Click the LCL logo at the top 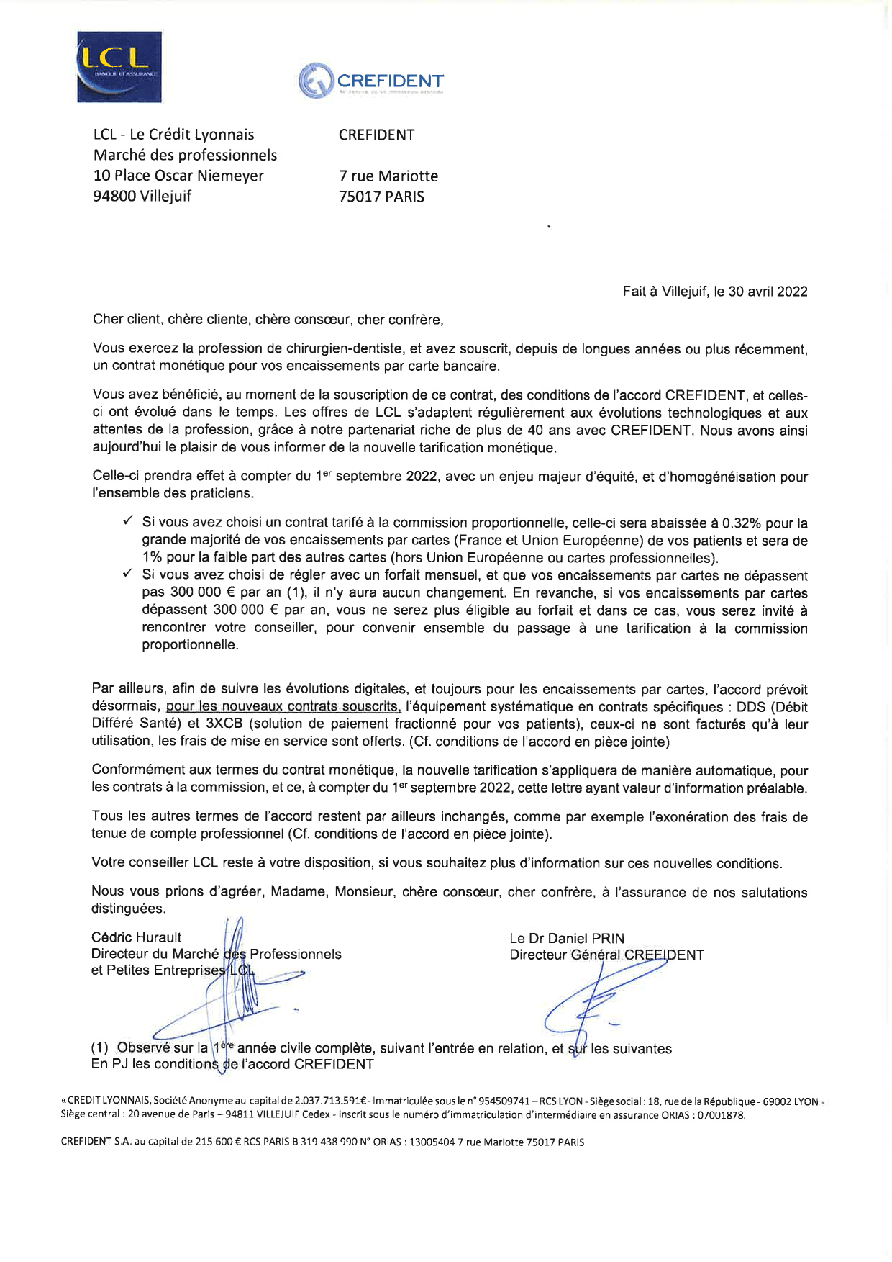click(x=119, y=67)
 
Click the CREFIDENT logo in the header click(x=371, y=81)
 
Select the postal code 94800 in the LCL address click(x=114, y=196)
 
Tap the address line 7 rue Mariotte click(x=388, y=176)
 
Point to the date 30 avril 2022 click(x=768, y=292)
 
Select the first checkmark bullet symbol click(x=127, y=521)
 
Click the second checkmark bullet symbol click(x=127, y=574)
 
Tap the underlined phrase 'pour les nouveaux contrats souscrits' click(x=283, y=707)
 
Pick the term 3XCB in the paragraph click(x=224, y=724)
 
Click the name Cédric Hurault click(x=136, y=937)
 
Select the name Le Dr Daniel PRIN click(x=567, y=939)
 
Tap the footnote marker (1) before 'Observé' click(x=100, y=1048)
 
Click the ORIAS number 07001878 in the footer click(x=721, y=1115)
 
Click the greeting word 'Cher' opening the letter click(x=108, y=320)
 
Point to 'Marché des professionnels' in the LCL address click(x=185, y=155)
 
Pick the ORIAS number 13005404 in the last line click(x=432, y=1142)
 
